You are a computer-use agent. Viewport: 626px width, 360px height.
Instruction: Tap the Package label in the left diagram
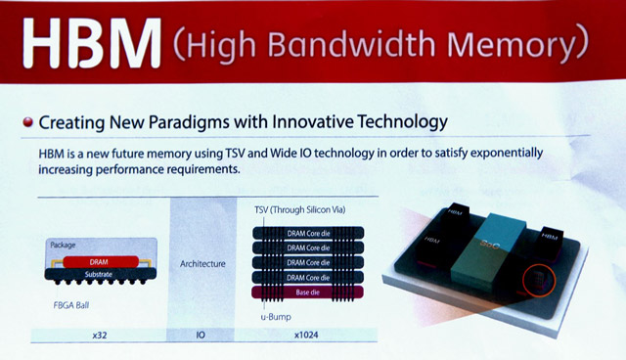coord(64,244)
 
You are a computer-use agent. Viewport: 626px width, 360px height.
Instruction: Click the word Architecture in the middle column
coord(204,263)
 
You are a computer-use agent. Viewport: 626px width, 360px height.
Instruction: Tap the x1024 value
coord(304,336)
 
